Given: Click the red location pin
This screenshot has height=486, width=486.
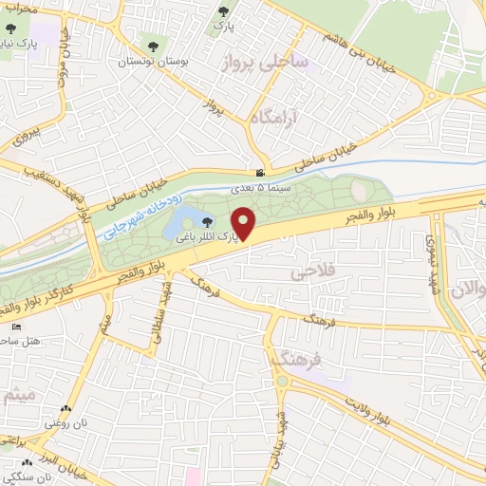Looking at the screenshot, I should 246,224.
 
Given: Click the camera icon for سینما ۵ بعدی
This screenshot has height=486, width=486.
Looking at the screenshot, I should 259,173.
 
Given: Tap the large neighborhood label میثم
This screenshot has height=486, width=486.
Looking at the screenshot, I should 21,396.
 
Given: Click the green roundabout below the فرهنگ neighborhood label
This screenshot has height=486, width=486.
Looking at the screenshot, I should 282,382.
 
